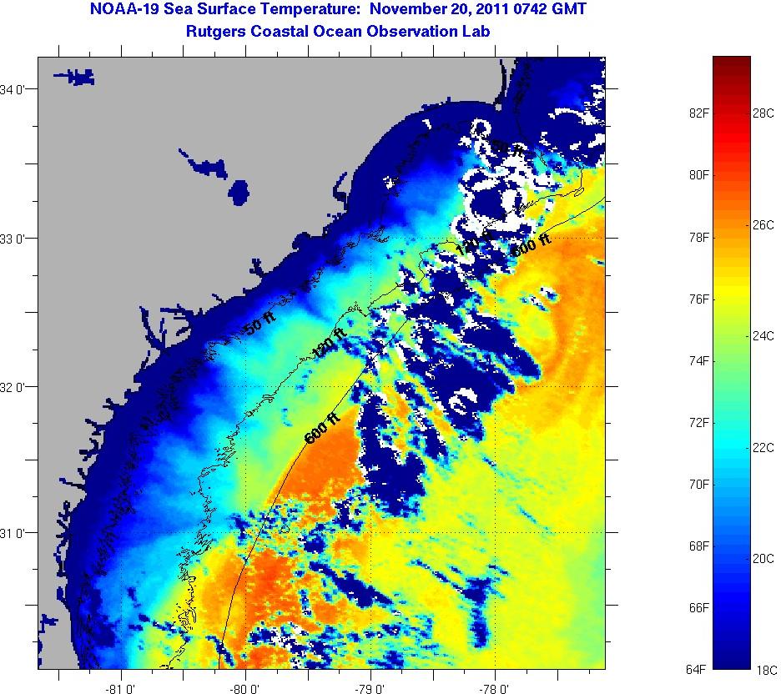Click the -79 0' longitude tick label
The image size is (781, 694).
(370, 688)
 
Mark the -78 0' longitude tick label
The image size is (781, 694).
(495, 688)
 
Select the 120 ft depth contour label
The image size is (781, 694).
(329, 344)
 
